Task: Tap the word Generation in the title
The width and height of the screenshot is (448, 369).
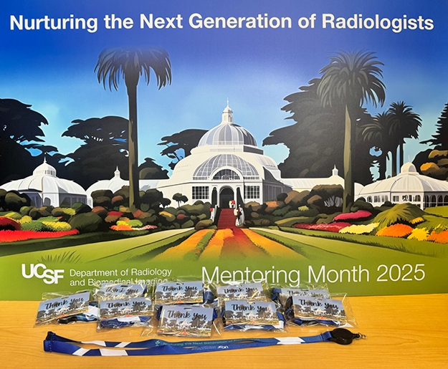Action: point(237,23)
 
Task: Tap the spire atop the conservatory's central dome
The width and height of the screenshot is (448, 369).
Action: point(227,111)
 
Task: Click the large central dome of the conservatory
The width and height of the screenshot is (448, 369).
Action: point(227,136)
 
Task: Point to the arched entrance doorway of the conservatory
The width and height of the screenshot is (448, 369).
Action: point(227,195)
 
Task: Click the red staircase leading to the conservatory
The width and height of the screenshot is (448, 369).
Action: point(227,218)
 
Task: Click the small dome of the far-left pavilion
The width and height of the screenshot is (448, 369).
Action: point(44,169)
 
